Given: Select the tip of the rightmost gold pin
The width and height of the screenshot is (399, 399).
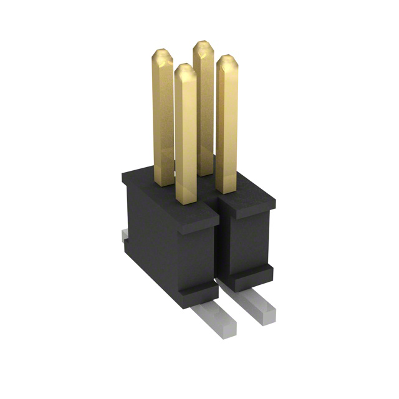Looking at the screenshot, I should coord(227,60).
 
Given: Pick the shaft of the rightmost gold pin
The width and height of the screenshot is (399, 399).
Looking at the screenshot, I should coord(227,125).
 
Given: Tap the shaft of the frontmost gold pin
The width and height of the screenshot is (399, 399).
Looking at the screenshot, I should coord(186,137).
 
